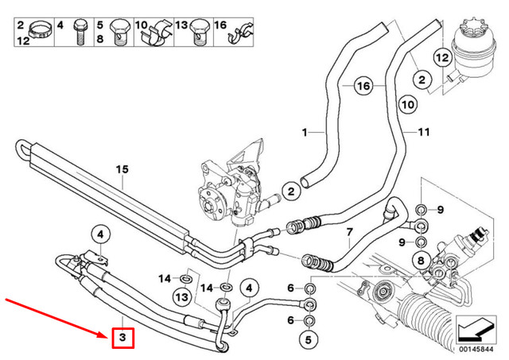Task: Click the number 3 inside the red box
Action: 122,339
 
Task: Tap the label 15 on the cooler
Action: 122,169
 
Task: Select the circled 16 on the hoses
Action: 363,86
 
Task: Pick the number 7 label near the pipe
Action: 348,232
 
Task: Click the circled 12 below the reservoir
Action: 442,58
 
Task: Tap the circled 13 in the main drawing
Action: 181,296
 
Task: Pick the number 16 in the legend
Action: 221,26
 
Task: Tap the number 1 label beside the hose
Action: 303,131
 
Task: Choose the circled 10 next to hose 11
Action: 406,104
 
